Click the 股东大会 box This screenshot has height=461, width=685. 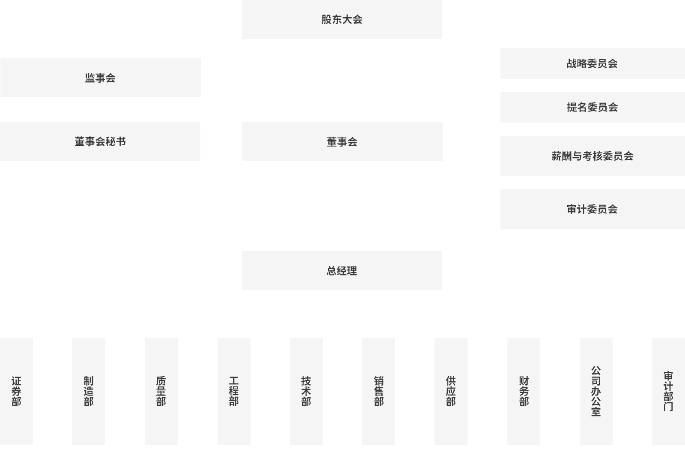click(x=342, y=19)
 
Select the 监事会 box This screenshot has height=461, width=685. click(x=100, y=78)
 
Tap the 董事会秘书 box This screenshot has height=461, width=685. click(x=100, y=141)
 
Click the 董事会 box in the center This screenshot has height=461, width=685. click(x=342, y=142)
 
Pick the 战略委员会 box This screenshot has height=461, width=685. click(x=592, y=63)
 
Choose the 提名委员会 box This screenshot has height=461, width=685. click(x=592, y=107)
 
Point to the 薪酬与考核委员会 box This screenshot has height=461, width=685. click(x=592, y=156)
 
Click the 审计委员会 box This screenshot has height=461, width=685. click(x=592, y=209)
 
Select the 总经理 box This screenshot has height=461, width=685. click(x=342, y=271)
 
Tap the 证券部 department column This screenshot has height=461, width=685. click(x=16, y=391)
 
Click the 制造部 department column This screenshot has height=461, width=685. click(x=89, y=391)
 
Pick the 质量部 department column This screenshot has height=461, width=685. click(x=161, y=391)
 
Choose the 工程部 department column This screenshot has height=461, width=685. click(x=234, y=391)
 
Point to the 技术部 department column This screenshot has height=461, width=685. click(x=306, y=391)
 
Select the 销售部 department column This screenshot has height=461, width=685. click(x=378, y=391)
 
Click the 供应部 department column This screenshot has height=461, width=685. click(x=451, y=391)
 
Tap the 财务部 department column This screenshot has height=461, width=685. click(x=524, y=391)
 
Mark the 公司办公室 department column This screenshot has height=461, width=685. click(x=596, y=391)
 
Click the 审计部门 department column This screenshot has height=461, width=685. click(x=668, y=391)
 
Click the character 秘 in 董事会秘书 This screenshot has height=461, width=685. click(x=110, y=141)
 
